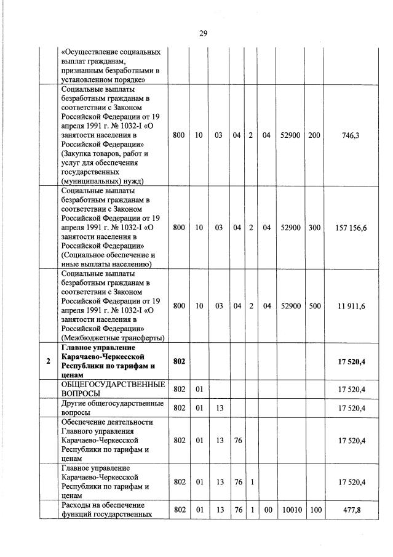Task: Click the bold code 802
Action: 179,361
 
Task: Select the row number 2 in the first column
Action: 48,361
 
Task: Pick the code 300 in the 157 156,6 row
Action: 314,228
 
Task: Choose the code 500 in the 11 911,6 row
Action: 314,305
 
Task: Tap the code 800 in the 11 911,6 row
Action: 179,305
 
